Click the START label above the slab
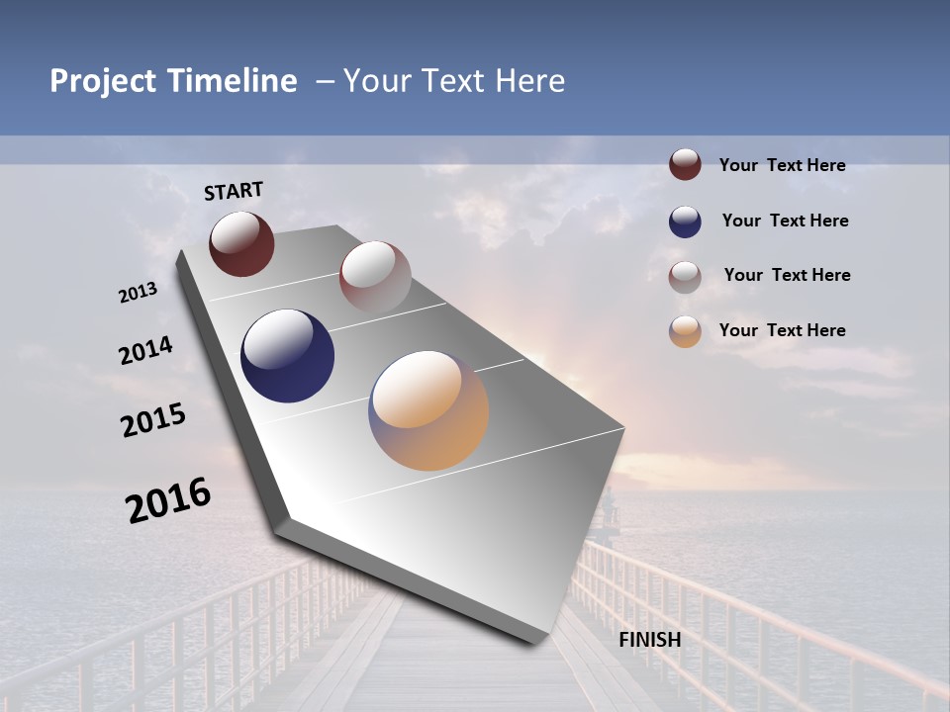click(x=234, y=191)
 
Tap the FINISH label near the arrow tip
click(x=650, y=640)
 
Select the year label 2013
click(x=139, y=293)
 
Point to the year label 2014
click(x=146, y=351)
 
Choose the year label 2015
click(x=153, y=420)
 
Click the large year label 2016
click(x=168, y=500)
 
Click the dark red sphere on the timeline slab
click(x=241, y=243)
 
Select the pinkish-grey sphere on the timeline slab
click(x=375, y=276)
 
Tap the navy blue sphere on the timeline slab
click(x=288, y=356)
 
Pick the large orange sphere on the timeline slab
click(x=428, y=410)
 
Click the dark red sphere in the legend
click(x=685, y=165)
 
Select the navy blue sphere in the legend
click(x=685, y=222)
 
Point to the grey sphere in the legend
click(x=685, y=277)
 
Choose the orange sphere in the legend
click(x=685, y=331)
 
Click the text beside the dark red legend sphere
click(x=782, y=165)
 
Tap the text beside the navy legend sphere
click(x=785, y=221)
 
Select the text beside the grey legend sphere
click(x=787, y=275)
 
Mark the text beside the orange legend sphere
click(x=782, y=330)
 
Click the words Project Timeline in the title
click(x=173, y=81)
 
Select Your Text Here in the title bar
click(x=454, y=81)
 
